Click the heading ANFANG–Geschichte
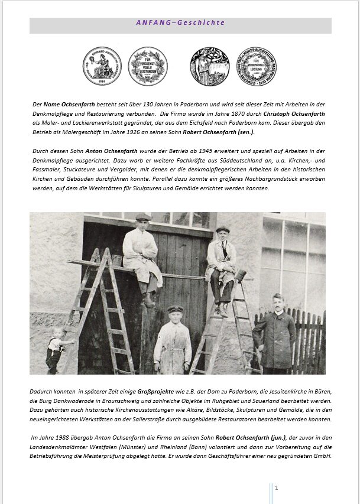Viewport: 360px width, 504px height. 180,23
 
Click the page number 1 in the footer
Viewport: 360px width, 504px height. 276,487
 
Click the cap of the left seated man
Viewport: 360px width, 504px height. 143,217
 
